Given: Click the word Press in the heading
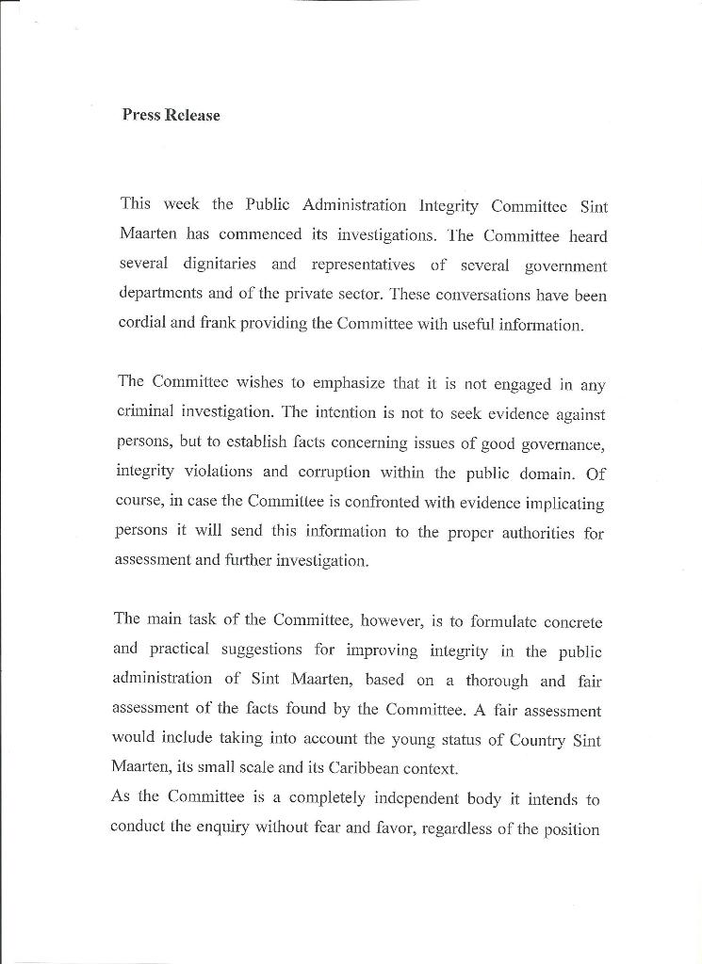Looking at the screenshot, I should (141, 116).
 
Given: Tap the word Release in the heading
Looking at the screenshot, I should (192, 116).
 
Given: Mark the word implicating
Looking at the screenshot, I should (557, 504).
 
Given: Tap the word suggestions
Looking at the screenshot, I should (262, 651).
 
